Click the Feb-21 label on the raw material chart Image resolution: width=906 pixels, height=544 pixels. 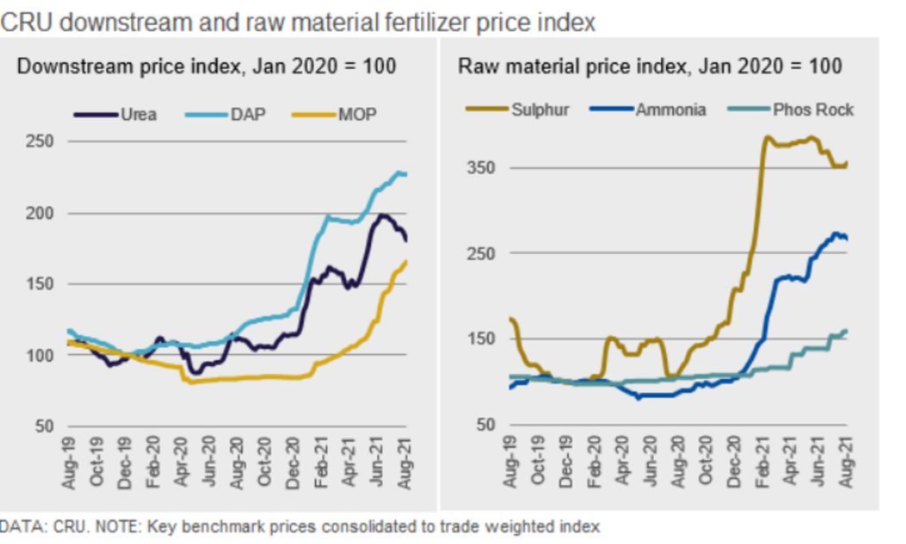763,465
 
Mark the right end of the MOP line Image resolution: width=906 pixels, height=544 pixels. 407,261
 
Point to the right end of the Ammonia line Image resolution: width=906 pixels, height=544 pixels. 846,238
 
